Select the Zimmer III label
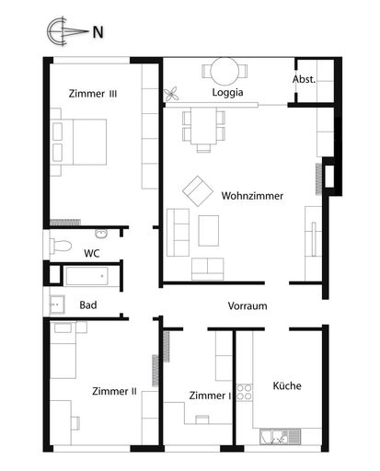92,93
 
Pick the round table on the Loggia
226,71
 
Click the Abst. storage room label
305,79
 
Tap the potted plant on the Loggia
172,93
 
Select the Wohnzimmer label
252,196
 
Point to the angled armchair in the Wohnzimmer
198,190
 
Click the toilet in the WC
63,246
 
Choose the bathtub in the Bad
87,276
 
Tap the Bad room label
88,304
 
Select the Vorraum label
248,306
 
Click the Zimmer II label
114,391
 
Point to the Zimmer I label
210,395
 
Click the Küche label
287,386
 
